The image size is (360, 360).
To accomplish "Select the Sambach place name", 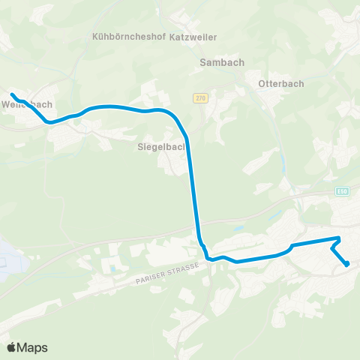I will (x=219, y=64).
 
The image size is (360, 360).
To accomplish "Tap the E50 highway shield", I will (x=343, y=190).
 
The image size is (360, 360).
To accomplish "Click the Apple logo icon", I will (x=11, y=347).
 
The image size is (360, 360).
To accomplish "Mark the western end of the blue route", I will (x=12, y=94).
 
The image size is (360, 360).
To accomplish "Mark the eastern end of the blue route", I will (x=347, y=264).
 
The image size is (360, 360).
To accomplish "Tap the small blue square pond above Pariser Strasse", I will (x=113, y=267).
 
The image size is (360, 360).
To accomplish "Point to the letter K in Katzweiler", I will (x=174, y=35).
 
